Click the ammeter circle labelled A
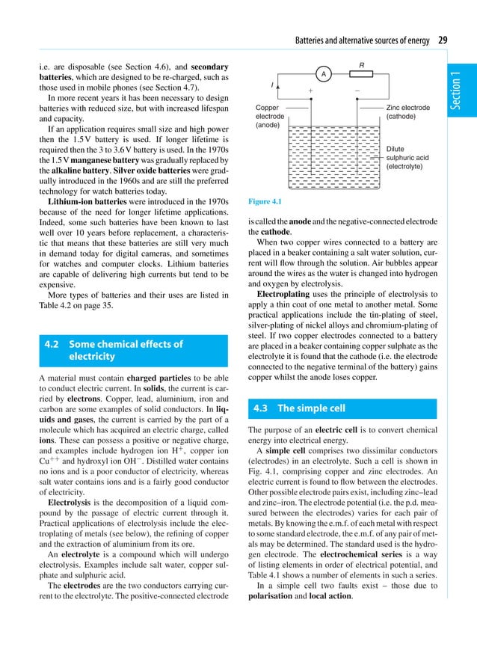pyautogui.click(x=323, y=75)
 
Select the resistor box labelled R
pyautogui.click(x=361, y=74)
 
